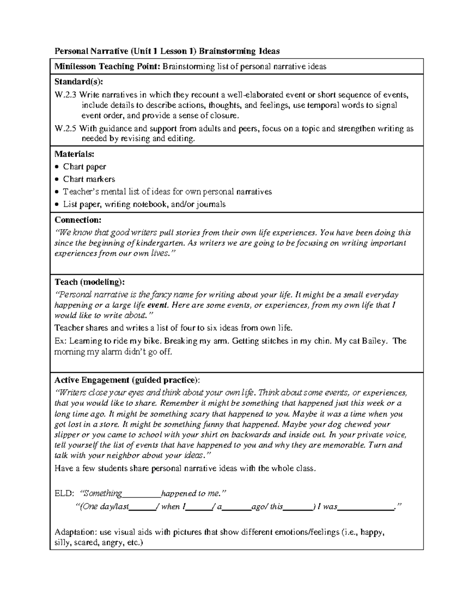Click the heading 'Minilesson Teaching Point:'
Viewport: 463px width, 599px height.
(x=107, y=66)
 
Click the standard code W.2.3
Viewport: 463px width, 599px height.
(x=66, y=94)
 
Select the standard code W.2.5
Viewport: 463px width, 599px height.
(x=66, y=128)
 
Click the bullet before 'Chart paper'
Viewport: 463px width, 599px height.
(x=57, y=167)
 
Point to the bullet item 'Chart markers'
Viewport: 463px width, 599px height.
(x=89, y=179)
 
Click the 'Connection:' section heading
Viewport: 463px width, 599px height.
(x=78, y=220)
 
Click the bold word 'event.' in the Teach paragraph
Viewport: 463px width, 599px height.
(x=158, y=305)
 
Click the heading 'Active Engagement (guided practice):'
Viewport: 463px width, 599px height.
(x=127, y=380)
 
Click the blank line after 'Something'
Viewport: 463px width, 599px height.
(x=142, y=496)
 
